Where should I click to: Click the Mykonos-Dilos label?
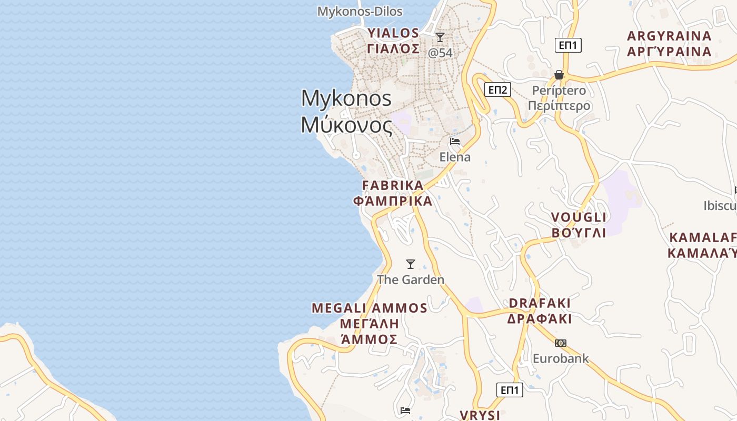360,11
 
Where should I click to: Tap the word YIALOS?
393,33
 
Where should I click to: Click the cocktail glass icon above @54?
440,37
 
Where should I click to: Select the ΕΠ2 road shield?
497,89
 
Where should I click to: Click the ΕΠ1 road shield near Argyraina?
568,45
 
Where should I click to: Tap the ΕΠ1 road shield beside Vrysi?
510,390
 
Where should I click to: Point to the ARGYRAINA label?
669,36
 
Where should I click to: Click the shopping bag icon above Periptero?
559,75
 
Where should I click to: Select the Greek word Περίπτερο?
559,106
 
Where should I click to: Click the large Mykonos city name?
346,98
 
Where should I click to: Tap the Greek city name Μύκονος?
346,125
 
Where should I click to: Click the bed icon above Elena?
455,142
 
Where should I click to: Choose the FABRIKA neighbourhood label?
393,185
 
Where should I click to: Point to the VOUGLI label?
579,217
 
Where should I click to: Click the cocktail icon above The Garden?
411,264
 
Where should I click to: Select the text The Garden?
411,279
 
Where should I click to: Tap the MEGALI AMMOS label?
370,308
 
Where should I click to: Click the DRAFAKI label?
540,303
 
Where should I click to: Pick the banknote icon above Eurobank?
561,343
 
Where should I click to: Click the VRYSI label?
480,415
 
